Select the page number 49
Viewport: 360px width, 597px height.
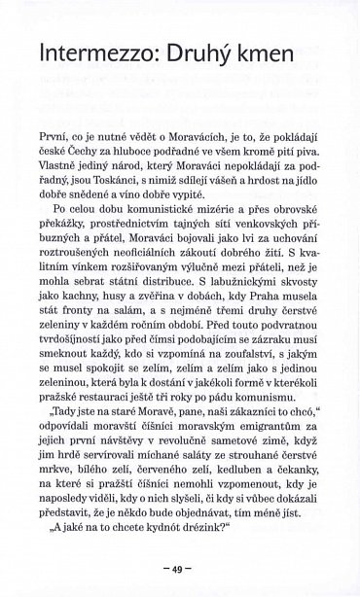coord(180,570)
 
